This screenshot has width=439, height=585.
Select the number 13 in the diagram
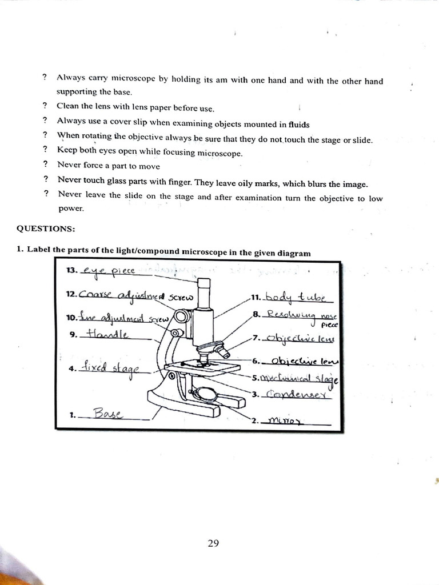tap(72, 270)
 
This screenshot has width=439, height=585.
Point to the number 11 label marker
tap(256, 298)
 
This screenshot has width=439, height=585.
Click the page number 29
tap(213, 543)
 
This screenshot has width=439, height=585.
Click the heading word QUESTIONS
tap(46, 229)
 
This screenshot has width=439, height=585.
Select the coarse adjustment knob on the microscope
tap(182, 316)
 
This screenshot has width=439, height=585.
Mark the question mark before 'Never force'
tap(45, 166)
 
